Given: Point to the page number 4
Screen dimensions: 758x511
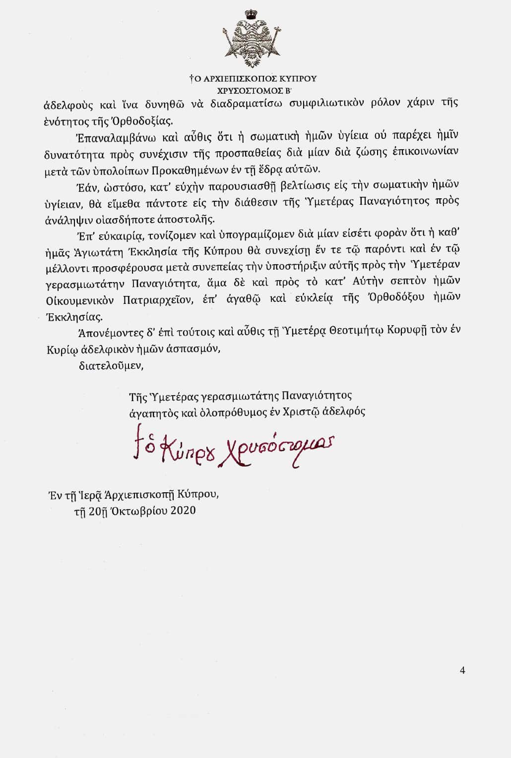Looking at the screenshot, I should pos(462,671).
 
